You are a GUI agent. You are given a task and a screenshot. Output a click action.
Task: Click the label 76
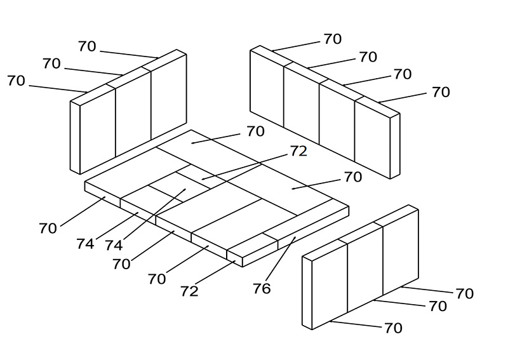click(262, 288)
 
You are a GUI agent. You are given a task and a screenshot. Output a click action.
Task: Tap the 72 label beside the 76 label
click(189, 291)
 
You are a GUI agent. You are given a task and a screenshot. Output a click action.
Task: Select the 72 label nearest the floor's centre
click(298, 151)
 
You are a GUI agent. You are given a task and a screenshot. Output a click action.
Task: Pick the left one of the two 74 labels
click(85, 244)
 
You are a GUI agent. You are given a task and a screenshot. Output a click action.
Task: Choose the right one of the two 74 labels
click(114, 245)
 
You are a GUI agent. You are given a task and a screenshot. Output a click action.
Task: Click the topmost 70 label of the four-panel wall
click(333, 39)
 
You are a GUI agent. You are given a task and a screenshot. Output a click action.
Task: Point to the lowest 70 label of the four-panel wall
click(441, 92)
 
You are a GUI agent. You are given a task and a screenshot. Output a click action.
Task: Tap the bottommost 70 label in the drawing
click(393, 328)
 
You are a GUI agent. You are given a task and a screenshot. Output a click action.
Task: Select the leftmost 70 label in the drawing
click(16, 81)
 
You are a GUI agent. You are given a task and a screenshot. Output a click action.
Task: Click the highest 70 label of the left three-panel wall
click(87, 46)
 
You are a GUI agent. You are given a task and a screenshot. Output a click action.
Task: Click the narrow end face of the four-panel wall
click(395, 146)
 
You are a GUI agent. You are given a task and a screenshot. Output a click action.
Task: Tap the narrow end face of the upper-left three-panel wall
click(75, 138)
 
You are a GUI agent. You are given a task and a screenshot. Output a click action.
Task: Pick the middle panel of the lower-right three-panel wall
click(365, 270)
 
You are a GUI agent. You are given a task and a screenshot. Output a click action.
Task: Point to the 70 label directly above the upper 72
click(256, 131)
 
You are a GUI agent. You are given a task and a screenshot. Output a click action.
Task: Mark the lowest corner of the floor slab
click(243, 267)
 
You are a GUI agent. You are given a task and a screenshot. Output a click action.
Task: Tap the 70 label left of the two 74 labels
click(48, 229)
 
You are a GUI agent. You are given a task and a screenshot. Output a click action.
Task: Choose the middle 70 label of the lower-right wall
click(438, 306)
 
